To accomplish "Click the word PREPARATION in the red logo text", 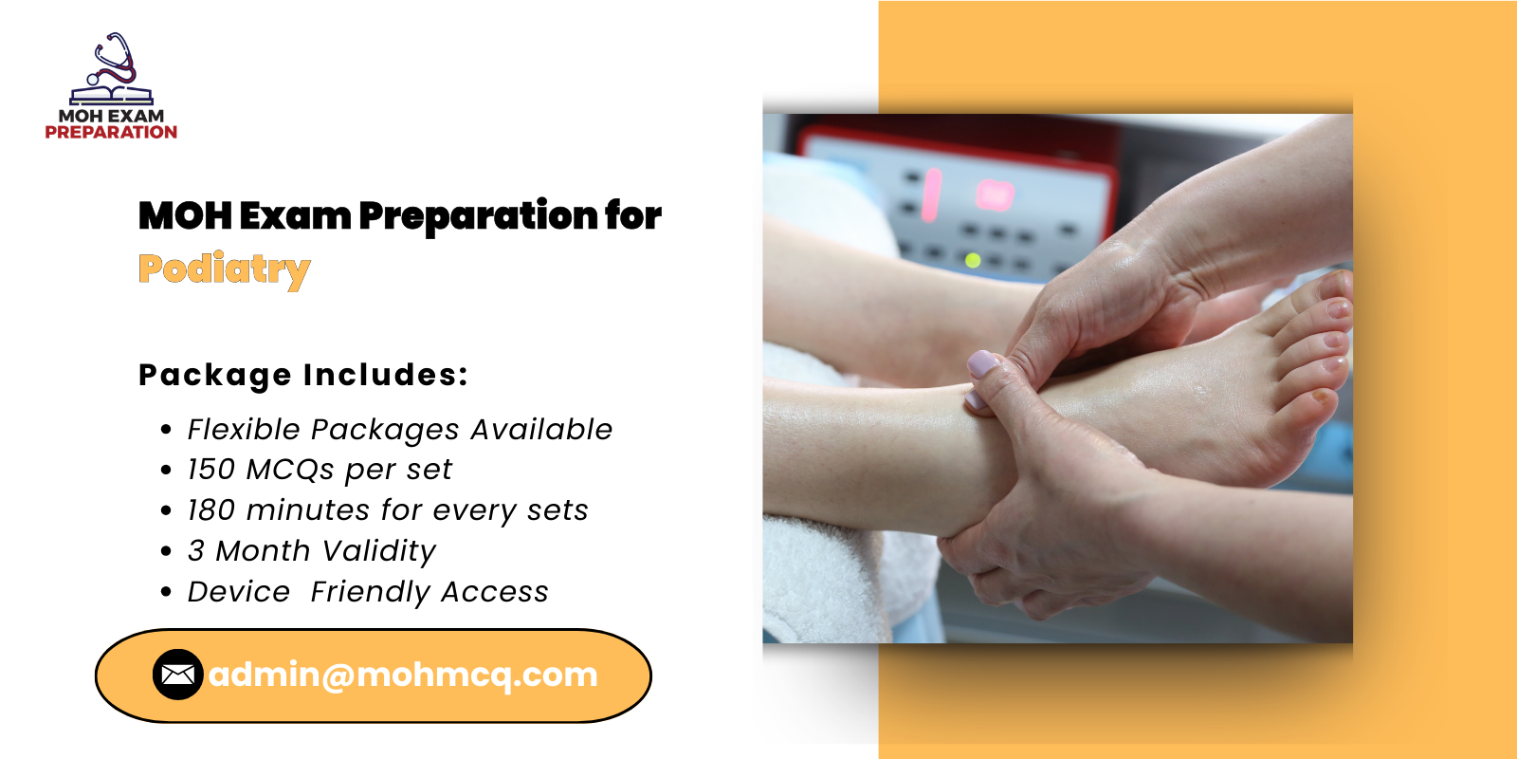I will click(111, 133).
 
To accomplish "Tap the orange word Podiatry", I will click(224, 269).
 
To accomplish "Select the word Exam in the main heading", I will click(294, 216).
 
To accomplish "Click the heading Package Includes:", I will click(303, 375).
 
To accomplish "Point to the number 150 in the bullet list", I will click(210, 470).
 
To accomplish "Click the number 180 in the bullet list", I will click(210, 510).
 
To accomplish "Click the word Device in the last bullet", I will click(238, 592).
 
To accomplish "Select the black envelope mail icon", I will click(177, 675).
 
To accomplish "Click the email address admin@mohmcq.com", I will click(403, 675).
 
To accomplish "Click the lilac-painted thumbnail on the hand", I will click(983, 363).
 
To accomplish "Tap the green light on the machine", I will click(972, 259).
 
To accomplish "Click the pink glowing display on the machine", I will click(994, 194).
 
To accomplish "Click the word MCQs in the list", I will click(289, 470).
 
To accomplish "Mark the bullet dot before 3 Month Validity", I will click(167, 551).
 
